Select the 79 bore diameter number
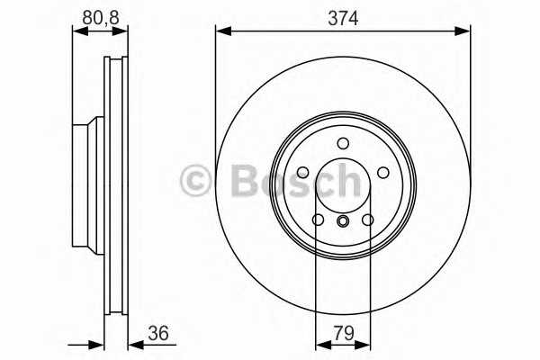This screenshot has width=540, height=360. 343,334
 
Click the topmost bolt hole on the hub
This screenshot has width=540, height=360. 343,143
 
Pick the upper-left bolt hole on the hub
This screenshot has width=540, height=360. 303,172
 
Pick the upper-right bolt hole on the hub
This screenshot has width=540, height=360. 382,172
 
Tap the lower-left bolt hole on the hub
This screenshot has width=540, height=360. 319,220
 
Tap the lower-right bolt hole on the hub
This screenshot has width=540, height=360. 367,220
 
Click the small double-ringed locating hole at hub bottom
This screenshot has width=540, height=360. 343,221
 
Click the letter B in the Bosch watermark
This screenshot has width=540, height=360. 244,180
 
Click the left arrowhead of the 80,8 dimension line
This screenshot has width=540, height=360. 77,31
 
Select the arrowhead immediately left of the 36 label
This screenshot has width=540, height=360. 134,343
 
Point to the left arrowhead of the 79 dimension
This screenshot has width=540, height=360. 320,343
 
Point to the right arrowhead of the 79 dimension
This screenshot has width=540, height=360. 364,343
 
